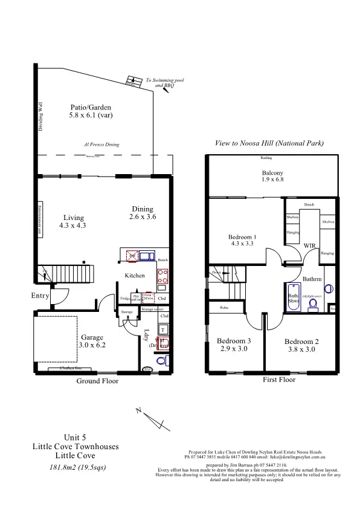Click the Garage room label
(92, 337)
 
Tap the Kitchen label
(135, 276)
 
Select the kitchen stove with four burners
(162, 276)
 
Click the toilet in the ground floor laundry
(161, 361)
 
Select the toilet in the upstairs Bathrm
(313, 306)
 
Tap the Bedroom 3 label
(234, 342)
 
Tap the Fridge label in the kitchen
(124, 299)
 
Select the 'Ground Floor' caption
(97, 381)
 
